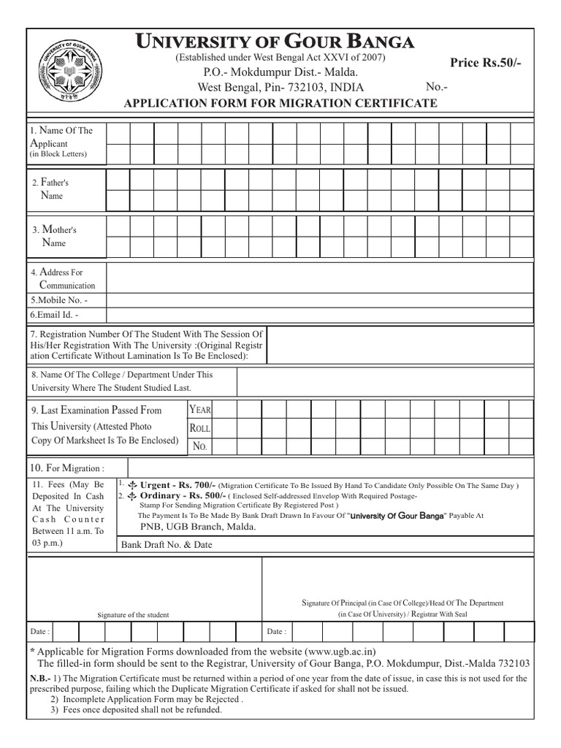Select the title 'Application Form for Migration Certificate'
[x=281, y=103]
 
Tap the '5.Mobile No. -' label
[x=59, y=299]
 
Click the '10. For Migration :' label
[x=66, y=467]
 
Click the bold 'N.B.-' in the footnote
[x=40, y=678]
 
